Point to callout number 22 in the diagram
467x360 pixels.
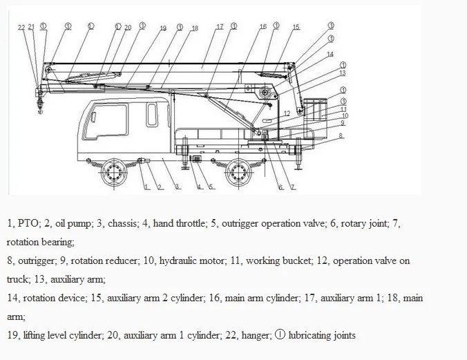tap(21, 27)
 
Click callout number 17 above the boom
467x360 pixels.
tap(220, 27)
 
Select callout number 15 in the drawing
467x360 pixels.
tap(296, 27)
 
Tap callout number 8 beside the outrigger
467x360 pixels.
tap(340, 137)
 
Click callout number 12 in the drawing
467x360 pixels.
tap(286, 113)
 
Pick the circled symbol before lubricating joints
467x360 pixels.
tap(279, 336)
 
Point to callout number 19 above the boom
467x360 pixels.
tap(163, 28)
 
